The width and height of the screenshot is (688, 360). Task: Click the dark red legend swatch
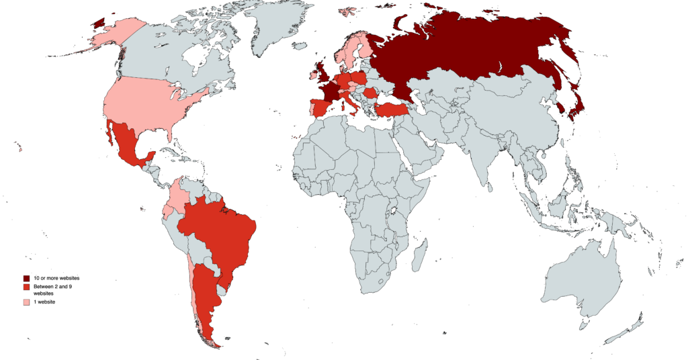27,278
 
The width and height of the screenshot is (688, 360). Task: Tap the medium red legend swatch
27,287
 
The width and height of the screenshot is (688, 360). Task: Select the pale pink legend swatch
27,303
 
